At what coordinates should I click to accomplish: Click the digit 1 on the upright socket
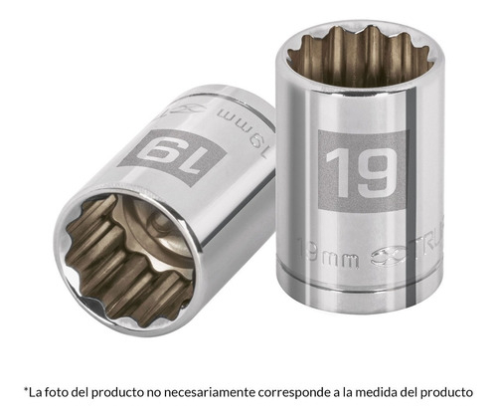coord(337,171)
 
